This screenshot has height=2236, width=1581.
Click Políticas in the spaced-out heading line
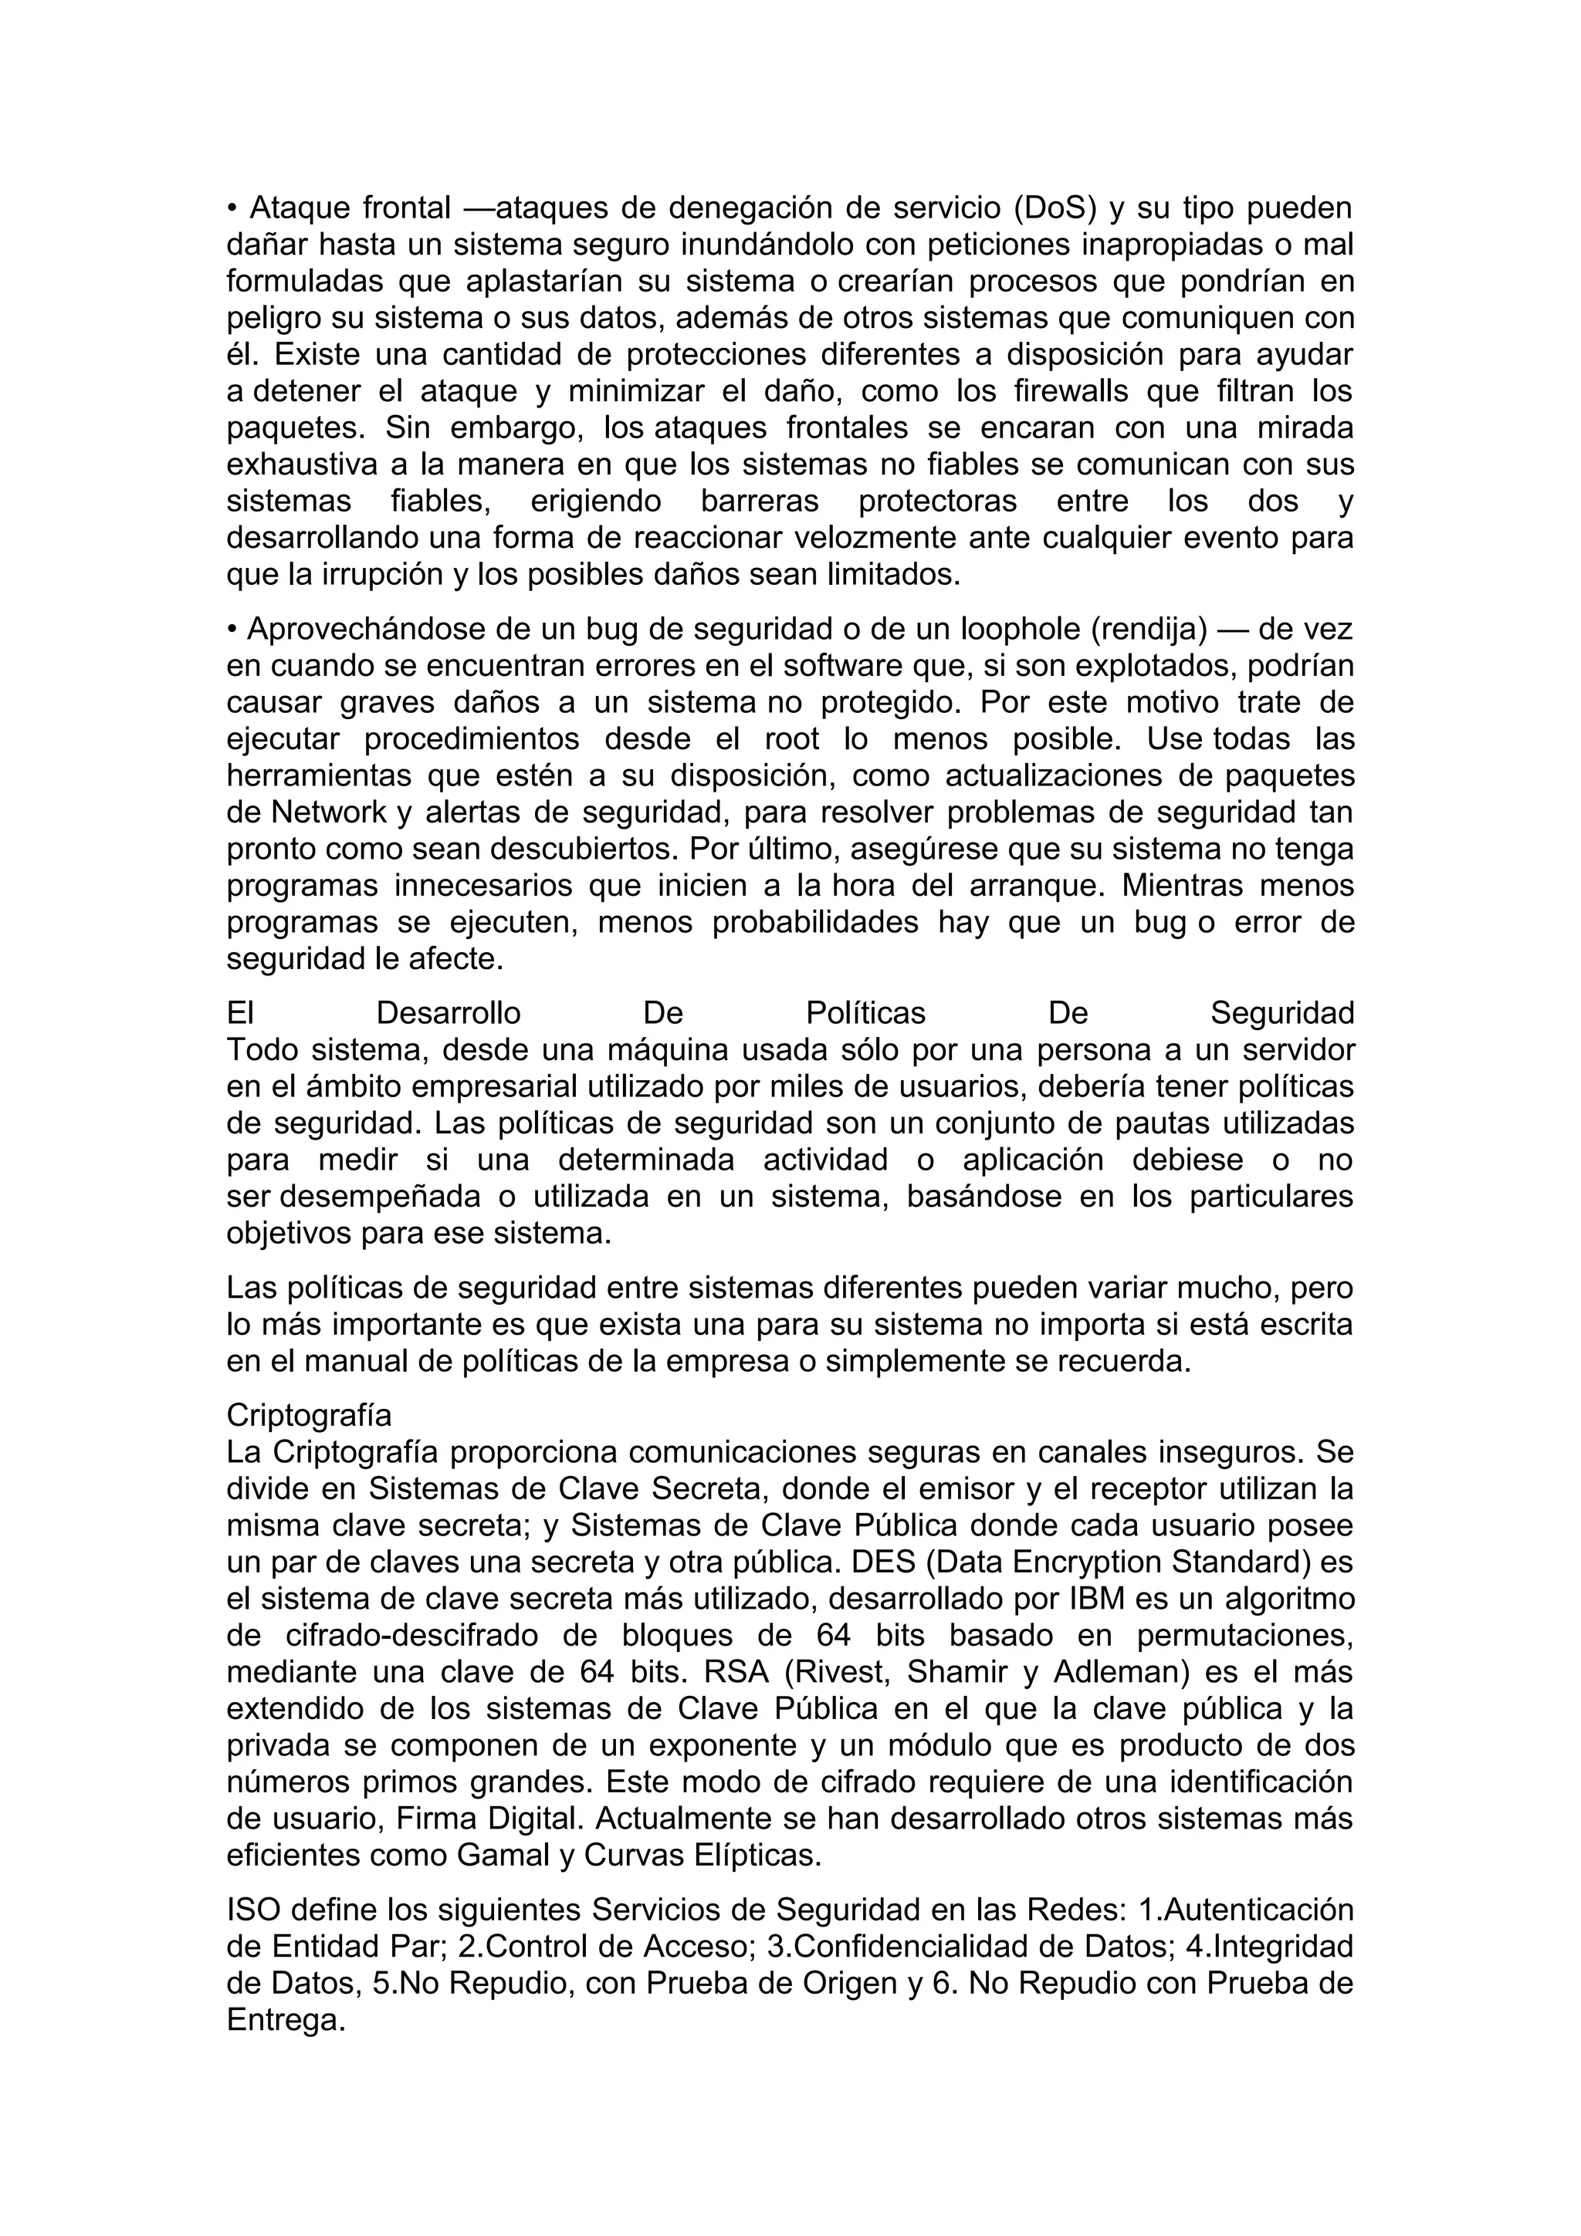pyautogui.click(x=865, y=1013)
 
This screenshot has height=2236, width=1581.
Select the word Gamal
pyautogui.click(x=503, y=1855)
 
